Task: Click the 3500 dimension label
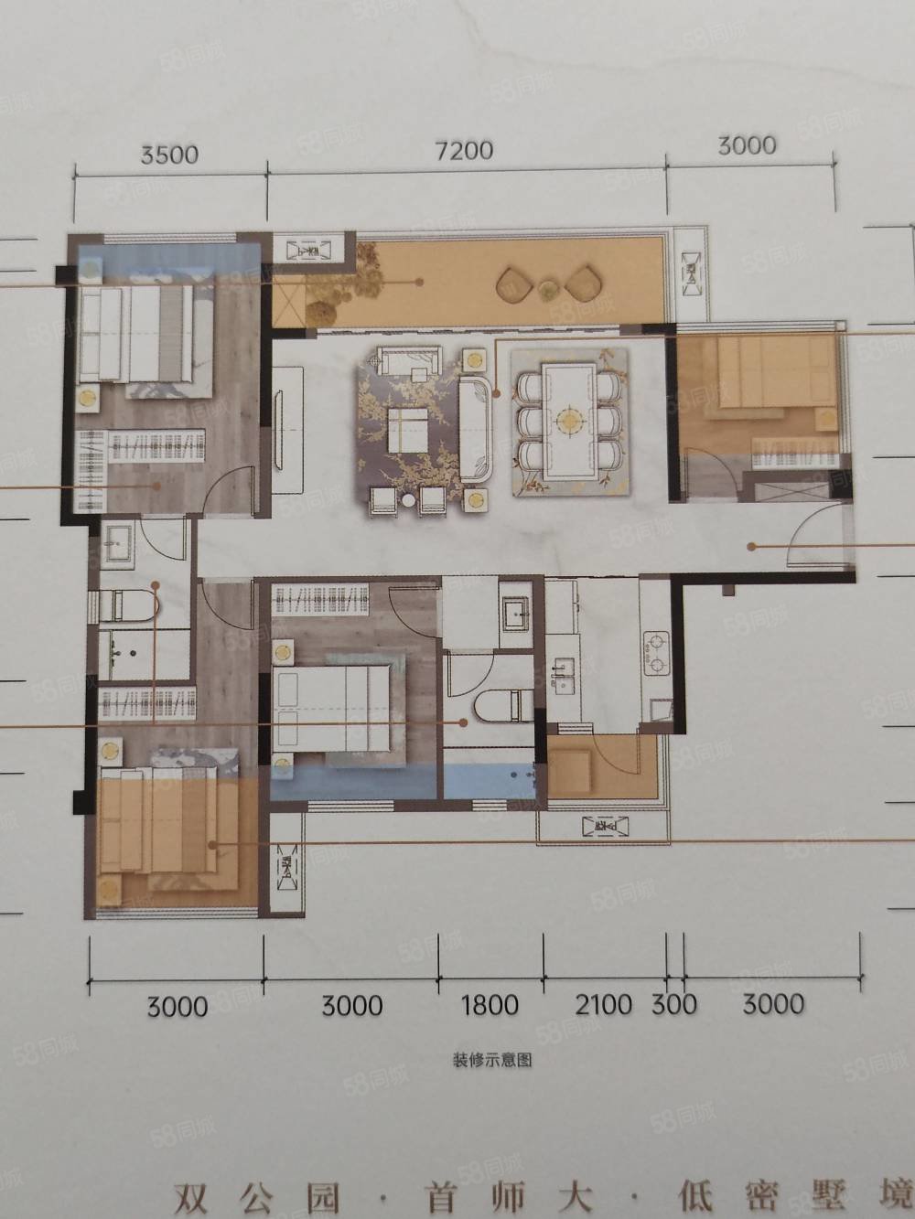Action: pyautogui.click(x=169, y=153)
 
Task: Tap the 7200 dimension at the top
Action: pyautogui.click(x=465, y=148)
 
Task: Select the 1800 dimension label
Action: pyautogui.click(x=490, y=1005)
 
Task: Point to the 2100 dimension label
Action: pyautogui.click(x=604, y=1004)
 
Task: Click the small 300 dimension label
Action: pyautogui.click(x=674, y=1004)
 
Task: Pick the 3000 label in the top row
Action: pyautogui.click(x=748, y=144)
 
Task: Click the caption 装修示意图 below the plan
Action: pyautogui.click(x=491, y=1061)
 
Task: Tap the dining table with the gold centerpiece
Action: pyautogui.click(x=570, y=421)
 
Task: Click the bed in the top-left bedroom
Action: pyautogui.click(x=137, y=334)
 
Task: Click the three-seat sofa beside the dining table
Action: pyautogui.click(x=476, y=428)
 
